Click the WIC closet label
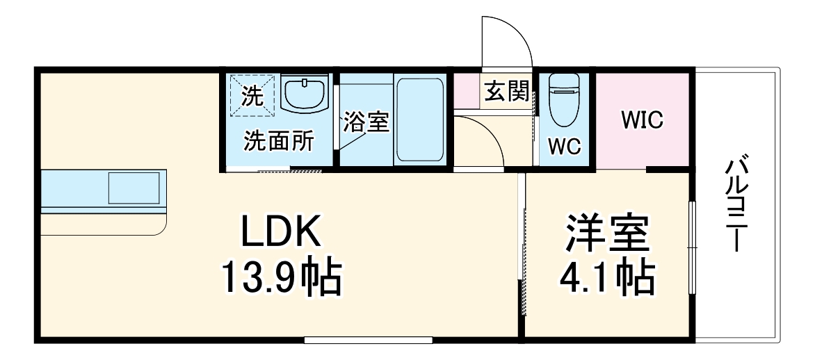642,120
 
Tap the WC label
564,147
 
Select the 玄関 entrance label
506,91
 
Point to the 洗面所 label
278,141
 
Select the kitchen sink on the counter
134,188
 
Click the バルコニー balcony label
734,205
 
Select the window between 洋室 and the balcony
692,247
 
